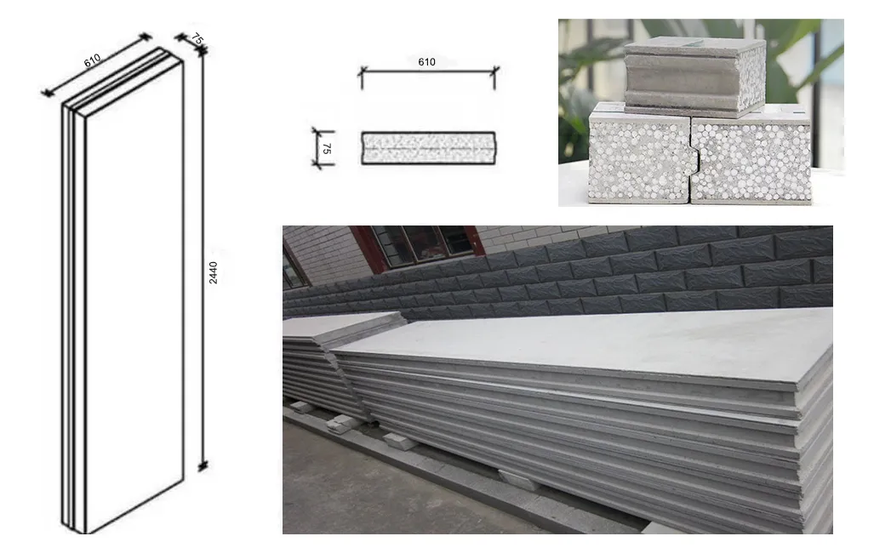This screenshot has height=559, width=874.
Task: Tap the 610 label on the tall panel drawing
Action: pyautogui.click(x=93, y=59)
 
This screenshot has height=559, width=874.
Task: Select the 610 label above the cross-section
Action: pyautogui.click(x=427, y=62)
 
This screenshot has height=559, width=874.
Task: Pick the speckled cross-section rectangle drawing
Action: pyautogui.click(x=428, y=148)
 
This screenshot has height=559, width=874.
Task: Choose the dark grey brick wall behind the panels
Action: pyautogui.click(x=596, y=272)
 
